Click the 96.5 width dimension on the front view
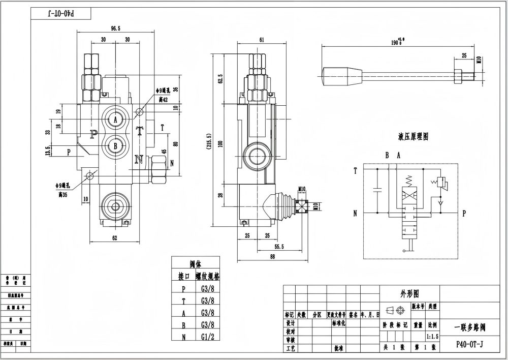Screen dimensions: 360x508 [x=116, y=29]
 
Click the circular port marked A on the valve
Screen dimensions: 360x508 [x=115, y=119]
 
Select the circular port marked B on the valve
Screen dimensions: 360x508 [x=115, y=144]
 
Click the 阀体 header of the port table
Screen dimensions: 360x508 [x=196, y=264]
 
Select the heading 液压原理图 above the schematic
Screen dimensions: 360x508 [x=414, y=137]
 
